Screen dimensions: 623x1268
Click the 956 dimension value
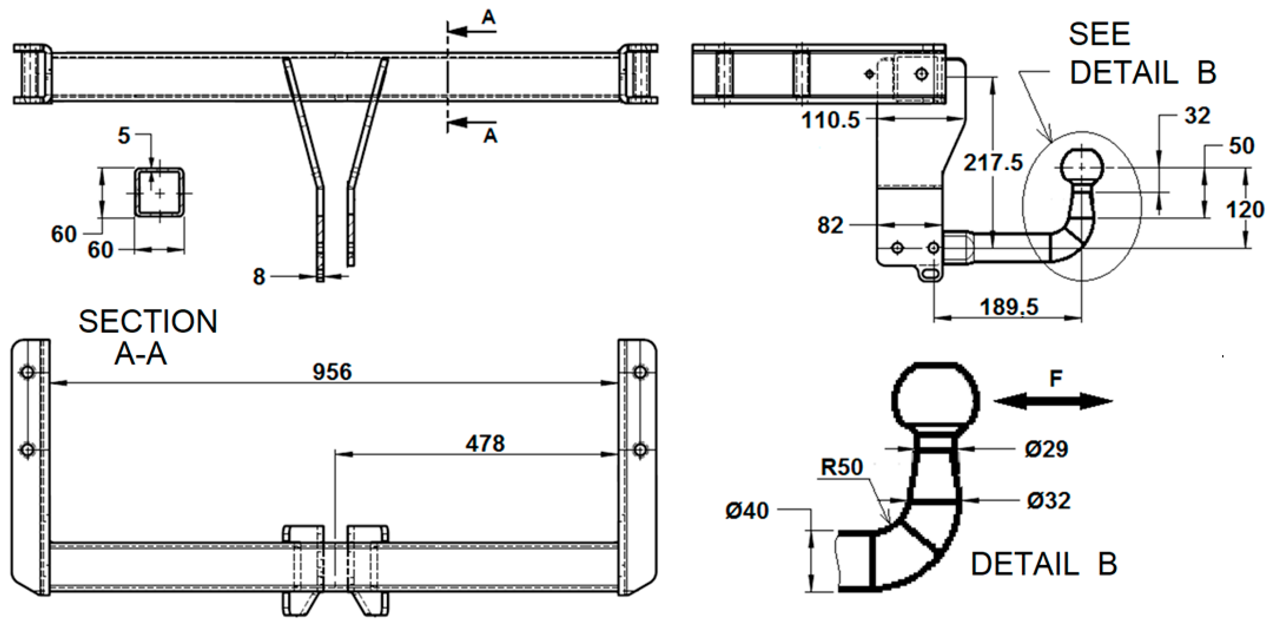332,372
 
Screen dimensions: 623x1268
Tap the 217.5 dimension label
993,163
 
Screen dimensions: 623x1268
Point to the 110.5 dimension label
831,120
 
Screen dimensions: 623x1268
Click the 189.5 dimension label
1009,307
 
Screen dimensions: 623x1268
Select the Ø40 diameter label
747,510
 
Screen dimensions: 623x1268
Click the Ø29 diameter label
1047,449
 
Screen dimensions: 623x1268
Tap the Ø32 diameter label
1049,500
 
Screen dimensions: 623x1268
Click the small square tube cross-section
160,193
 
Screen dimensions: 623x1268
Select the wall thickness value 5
123,135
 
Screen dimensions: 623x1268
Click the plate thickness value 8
259,277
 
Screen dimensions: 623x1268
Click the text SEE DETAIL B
1142,54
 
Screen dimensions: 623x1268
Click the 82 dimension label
830,225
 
